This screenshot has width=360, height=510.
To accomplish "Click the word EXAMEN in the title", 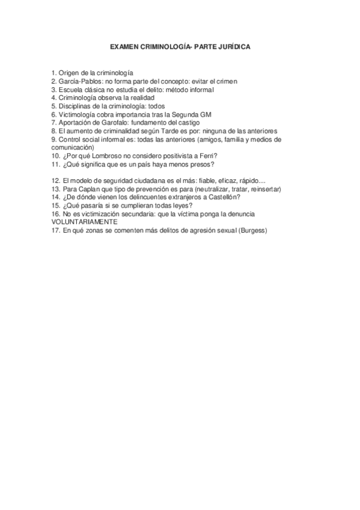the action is tap(124, 46).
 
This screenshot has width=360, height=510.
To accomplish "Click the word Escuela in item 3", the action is tap(70, 89).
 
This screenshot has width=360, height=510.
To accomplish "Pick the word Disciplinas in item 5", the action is tap(75, 106).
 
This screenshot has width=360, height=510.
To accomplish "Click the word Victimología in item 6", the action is tap(77, 114).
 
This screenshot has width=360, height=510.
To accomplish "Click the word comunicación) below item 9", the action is tap(72, 147).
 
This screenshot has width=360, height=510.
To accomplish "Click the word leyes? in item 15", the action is tap(180, 206).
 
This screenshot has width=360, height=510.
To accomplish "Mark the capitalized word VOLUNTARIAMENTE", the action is tap(84, 222).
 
